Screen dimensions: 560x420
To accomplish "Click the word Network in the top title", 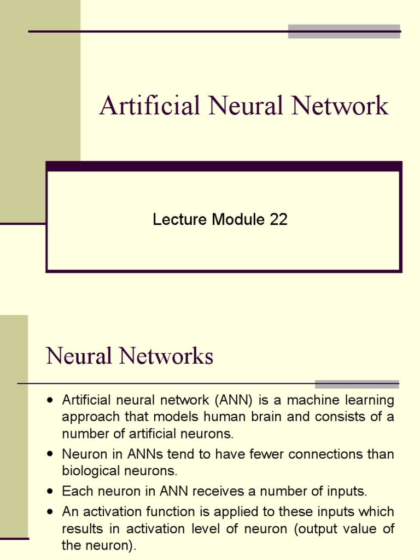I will (340, 106).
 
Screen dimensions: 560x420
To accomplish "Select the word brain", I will (241, 417).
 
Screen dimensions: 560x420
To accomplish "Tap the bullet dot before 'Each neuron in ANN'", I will (50, 492).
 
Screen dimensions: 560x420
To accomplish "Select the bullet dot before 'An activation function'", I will (50, 512).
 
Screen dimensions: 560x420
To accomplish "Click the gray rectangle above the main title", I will (344, 31).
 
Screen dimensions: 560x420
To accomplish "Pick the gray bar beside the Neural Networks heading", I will (357, 384).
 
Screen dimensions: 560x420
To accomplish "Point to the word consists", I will (335, 417).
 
